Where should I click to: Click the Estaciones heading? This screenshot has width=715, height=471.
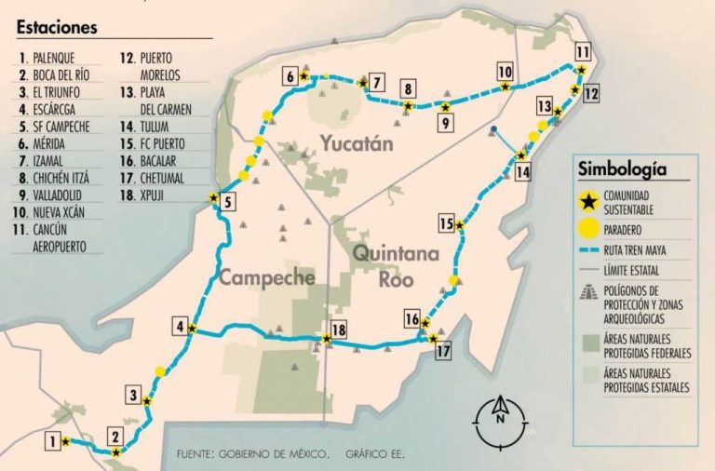click(x=57, y=28)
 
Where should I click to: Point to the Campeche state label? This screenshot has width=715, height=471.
click(x=266, y=276)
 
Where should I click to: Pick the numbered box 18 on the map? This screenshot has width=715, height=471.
click(x=338, y=329)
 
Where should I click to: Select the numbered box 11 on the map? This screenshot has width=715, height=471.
click(x=583, y=51)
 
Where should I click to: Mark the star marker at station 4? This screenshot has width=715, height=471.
click(x=192, y=328)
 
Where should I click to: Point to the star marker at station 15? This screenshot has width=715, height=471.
click(x=459, y=223)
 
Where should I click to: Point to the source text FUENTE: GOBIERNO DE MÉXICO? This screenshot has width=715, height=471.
click(x=251, y=454)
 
